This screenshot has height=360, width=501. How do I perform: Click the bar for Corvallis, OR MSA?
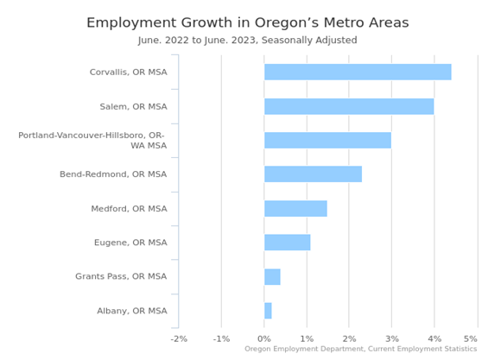click(x=358, y=73)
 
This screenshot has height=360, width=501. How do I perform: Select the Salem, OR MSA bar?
click(x=349, y=106)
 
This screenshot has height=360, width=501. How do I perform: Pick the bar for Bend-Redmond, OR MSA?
click(x=313, y=174)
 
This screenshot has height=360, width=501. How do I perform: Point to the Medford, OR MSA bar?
click(x=295, y=208)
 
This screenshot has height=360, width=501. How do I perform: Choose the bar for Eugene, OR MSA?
click(x=287, y=243)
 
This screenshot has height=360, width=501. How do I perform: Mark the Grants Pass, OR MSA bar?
click(x=272, y=276)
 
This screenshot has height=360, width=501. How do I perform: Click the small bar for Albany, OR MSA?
click(x=268, y=311)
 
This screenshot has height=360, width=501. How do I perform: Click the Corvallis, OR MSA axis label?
click(x=128, y=73)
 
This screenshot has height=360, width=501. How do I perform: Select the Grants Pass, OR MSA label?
click(x=121, y=276)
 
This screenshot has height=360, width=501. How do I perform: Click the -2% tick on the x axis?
click(x=179, y=338)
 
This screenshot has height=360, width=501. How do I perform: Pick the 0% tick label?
click(x=264, y=338)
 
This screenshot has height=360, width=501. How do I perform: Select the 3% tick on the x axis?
click(x=391, y=338)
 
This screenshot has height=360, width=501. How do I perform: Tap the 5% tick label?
click(x=471, y=338)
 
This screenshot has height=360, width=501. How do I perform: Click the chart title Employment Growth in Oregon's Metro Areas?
click(x=259, y=22)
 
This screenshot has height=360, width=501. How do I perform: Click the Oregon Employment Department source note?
click(x=360, y=349)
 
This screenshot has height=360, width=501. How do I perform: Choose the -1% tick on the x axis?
click(x=221, y=338)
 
